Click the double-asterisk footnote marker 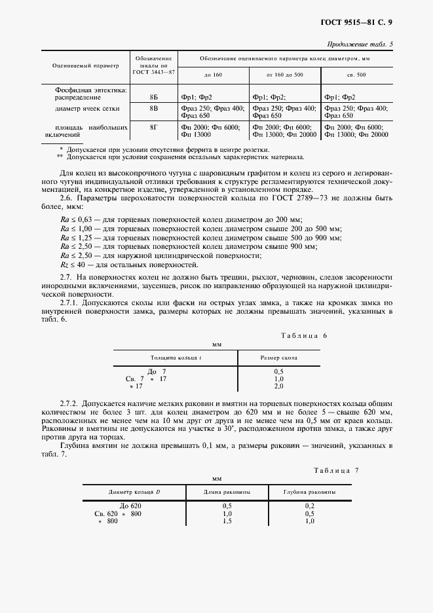(60, 157)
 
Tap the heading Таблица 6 (303, 335)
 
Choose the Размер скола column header (278, 358)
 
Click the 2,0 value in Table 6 (278, 386)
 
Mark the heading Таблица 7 (336, 470)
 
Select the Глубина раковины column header (309, 491)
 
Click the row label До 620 (128, 506)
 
